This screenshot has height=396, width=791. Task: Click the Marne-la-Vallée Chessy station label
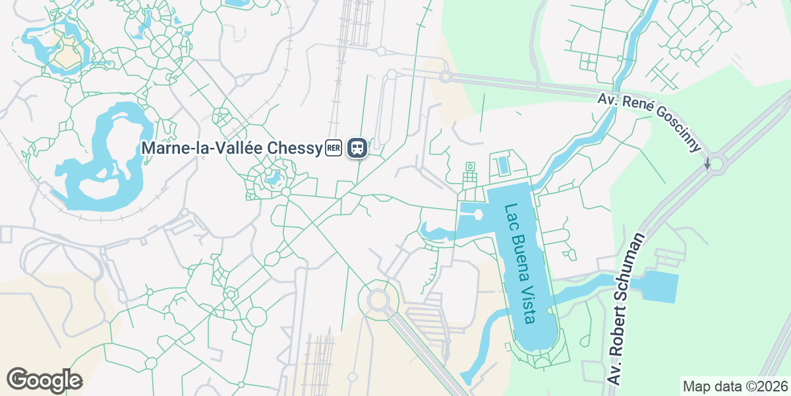pyautogui.click(x=231, y=148)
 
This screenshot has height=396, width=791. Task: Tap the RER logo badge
pyautogui.click(x=334, y=148)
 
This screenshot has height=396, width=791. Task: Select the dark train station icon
pyautogui.click(x=357, y=148)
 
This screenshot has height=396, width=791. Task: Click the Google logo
pyautogui.click(x=44, y=380)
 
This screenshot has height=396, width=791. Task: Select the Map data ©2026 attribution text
pyautogui.click(x=734, y=386)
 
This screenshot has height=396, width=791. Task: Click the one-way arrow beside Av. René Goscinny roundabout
pyautogui.click(x=707, y=163)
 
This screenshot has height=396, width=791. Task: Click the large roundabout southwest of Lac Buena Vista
pyautogui.click(x=378, y=300)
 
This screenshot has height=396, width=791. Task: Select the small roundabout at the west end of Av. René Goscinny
pyautogui.click(x=445, y=77)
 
